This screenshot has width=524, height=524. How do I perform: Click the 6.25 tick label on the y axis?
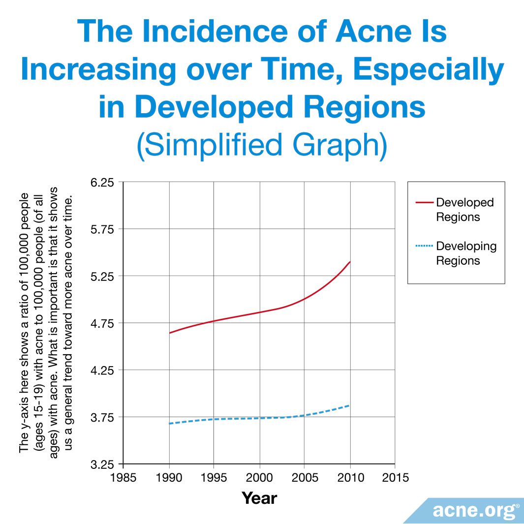pos(103,183)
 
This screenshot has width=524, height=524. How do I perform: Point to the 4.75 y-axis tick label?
pos(103,323)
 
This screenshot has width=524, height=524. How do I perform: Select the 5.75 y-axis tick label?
pos(103,229)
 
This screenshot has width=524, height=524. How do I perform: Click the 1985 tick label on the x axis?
pos(123,478)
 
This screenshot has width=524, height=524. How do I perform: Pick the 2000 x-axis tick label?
pos(259,478)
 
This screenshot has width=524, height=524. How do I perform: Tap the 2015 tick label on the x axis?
pos(395,478)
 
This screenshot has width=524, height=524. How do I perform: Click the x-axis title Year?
pos(259,498)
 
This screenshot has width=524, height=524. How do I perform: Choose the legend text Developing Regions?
pos(466,253)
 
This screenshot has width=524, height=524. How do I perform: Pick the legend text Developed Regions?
pos(464,210)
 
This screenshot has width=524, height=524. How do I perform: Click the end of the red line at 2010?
pos(350,262)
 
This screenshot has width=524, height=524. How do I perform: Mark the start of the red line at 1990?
pos(169,333)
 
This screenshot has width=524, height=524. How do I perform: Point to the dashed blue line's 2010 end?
pos(349,405)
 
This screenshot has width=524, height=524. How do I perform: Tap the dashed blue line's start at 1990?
pos(169,423)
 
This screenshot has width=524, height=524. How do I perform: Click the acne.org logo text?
pos(475,511)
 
